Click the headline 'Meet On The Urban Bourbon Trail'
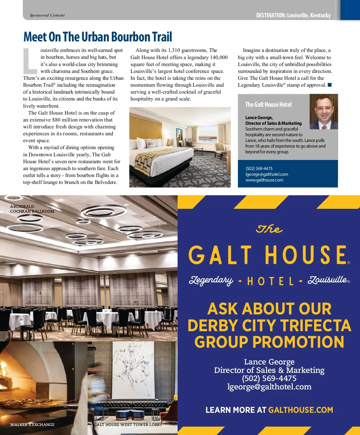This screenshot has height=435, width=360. coord(98,37)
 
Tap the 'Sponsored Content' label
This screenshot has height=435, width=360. coord(47,15)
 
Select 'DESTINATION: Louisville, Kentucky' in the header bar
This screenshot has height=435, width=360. coord(293,15)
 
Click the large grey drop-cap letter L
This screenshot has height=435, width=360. coord(30,61)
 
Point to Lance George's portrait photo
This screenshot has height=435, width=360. coord(324,112)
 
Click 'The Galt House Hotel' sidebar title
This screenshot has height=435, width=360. coord(268,105)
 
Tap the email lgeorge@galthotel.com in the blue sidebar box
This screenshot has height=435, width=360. coord(267,174)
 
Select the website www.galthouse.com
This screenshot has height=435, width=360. coord(264,180)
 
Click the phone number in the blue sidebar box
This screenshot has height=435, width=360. coord(259,169)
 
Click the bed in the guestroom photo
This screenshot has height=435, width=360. coord(162,159)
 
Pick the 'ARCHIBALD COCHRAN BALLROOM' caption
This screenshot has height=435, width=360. coord(32,209)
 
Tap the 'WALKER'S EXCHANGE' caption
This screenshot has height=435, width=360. coord(32,424)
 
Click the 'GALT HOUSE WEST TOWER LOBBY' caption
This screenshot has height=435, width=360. coord(128,424)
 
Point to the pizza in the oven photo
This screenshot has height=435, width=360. coord(30,403)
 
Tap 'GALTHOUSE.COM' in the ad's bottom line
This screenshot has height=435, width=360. coord(301,410)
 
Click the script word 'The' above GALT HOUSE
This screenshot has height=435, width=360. coord(269,229)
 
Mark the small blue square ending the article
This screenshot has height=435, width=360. coord(330,85)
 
